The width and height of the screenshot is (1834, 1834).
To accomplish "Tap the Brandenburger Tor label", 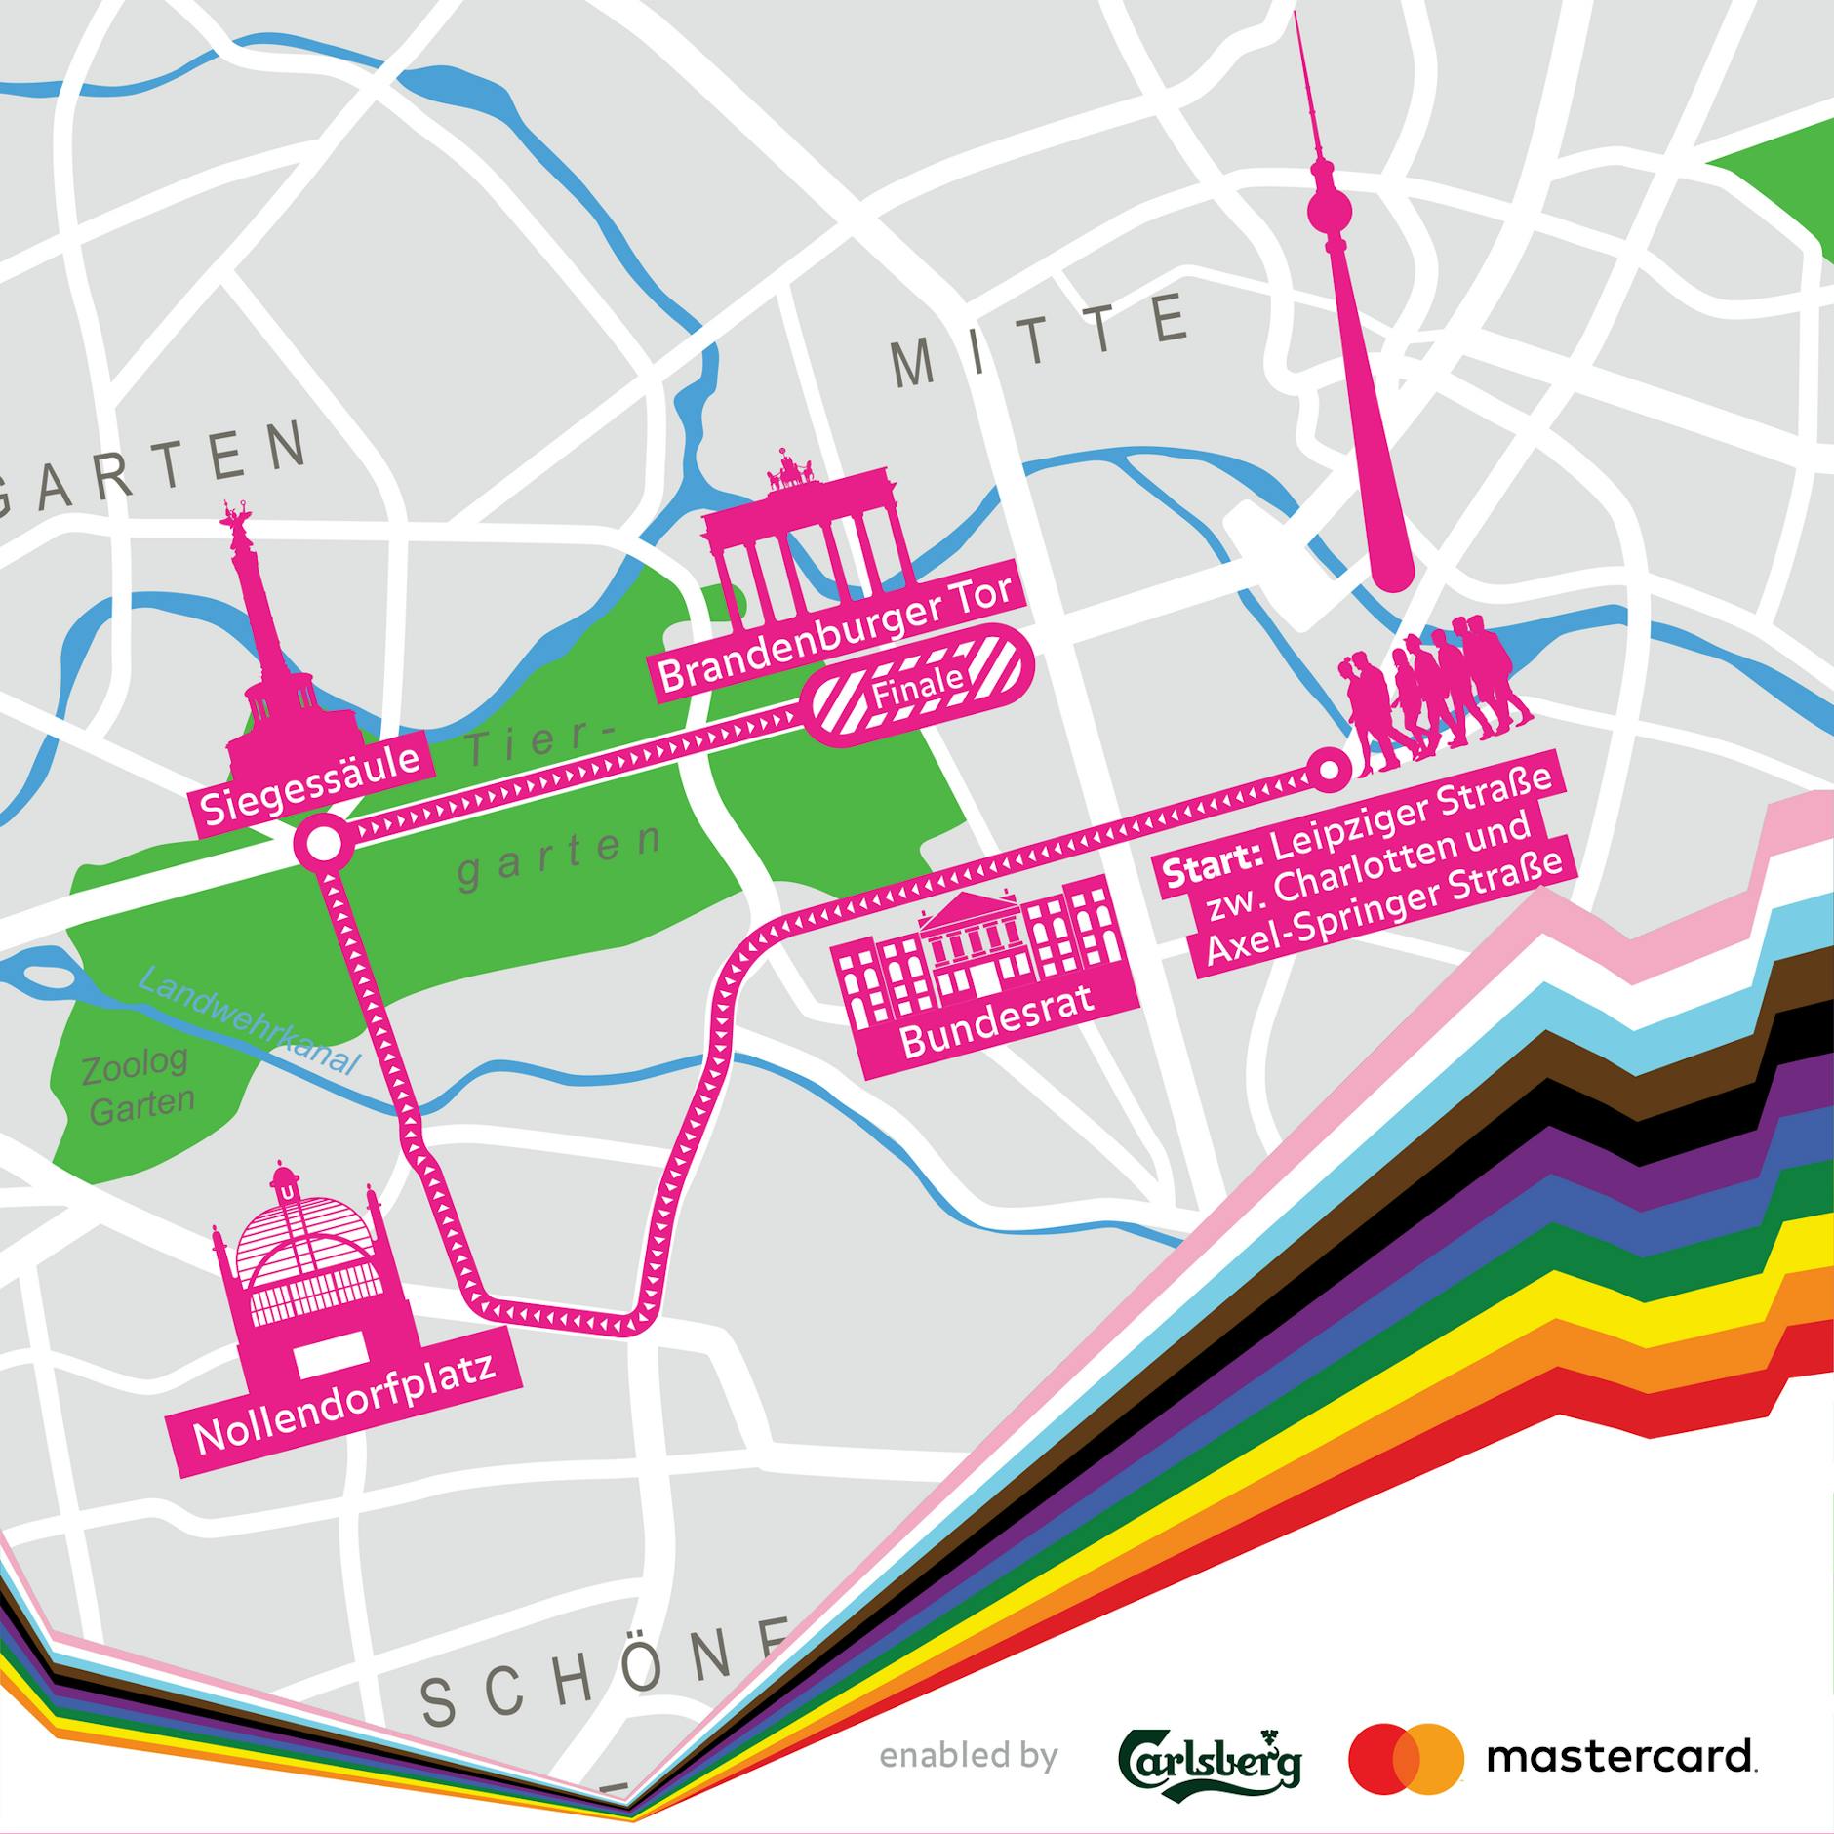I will [836, 635].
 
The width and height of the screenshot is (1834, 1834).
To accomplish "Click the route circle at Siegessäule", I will [324, 844].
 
